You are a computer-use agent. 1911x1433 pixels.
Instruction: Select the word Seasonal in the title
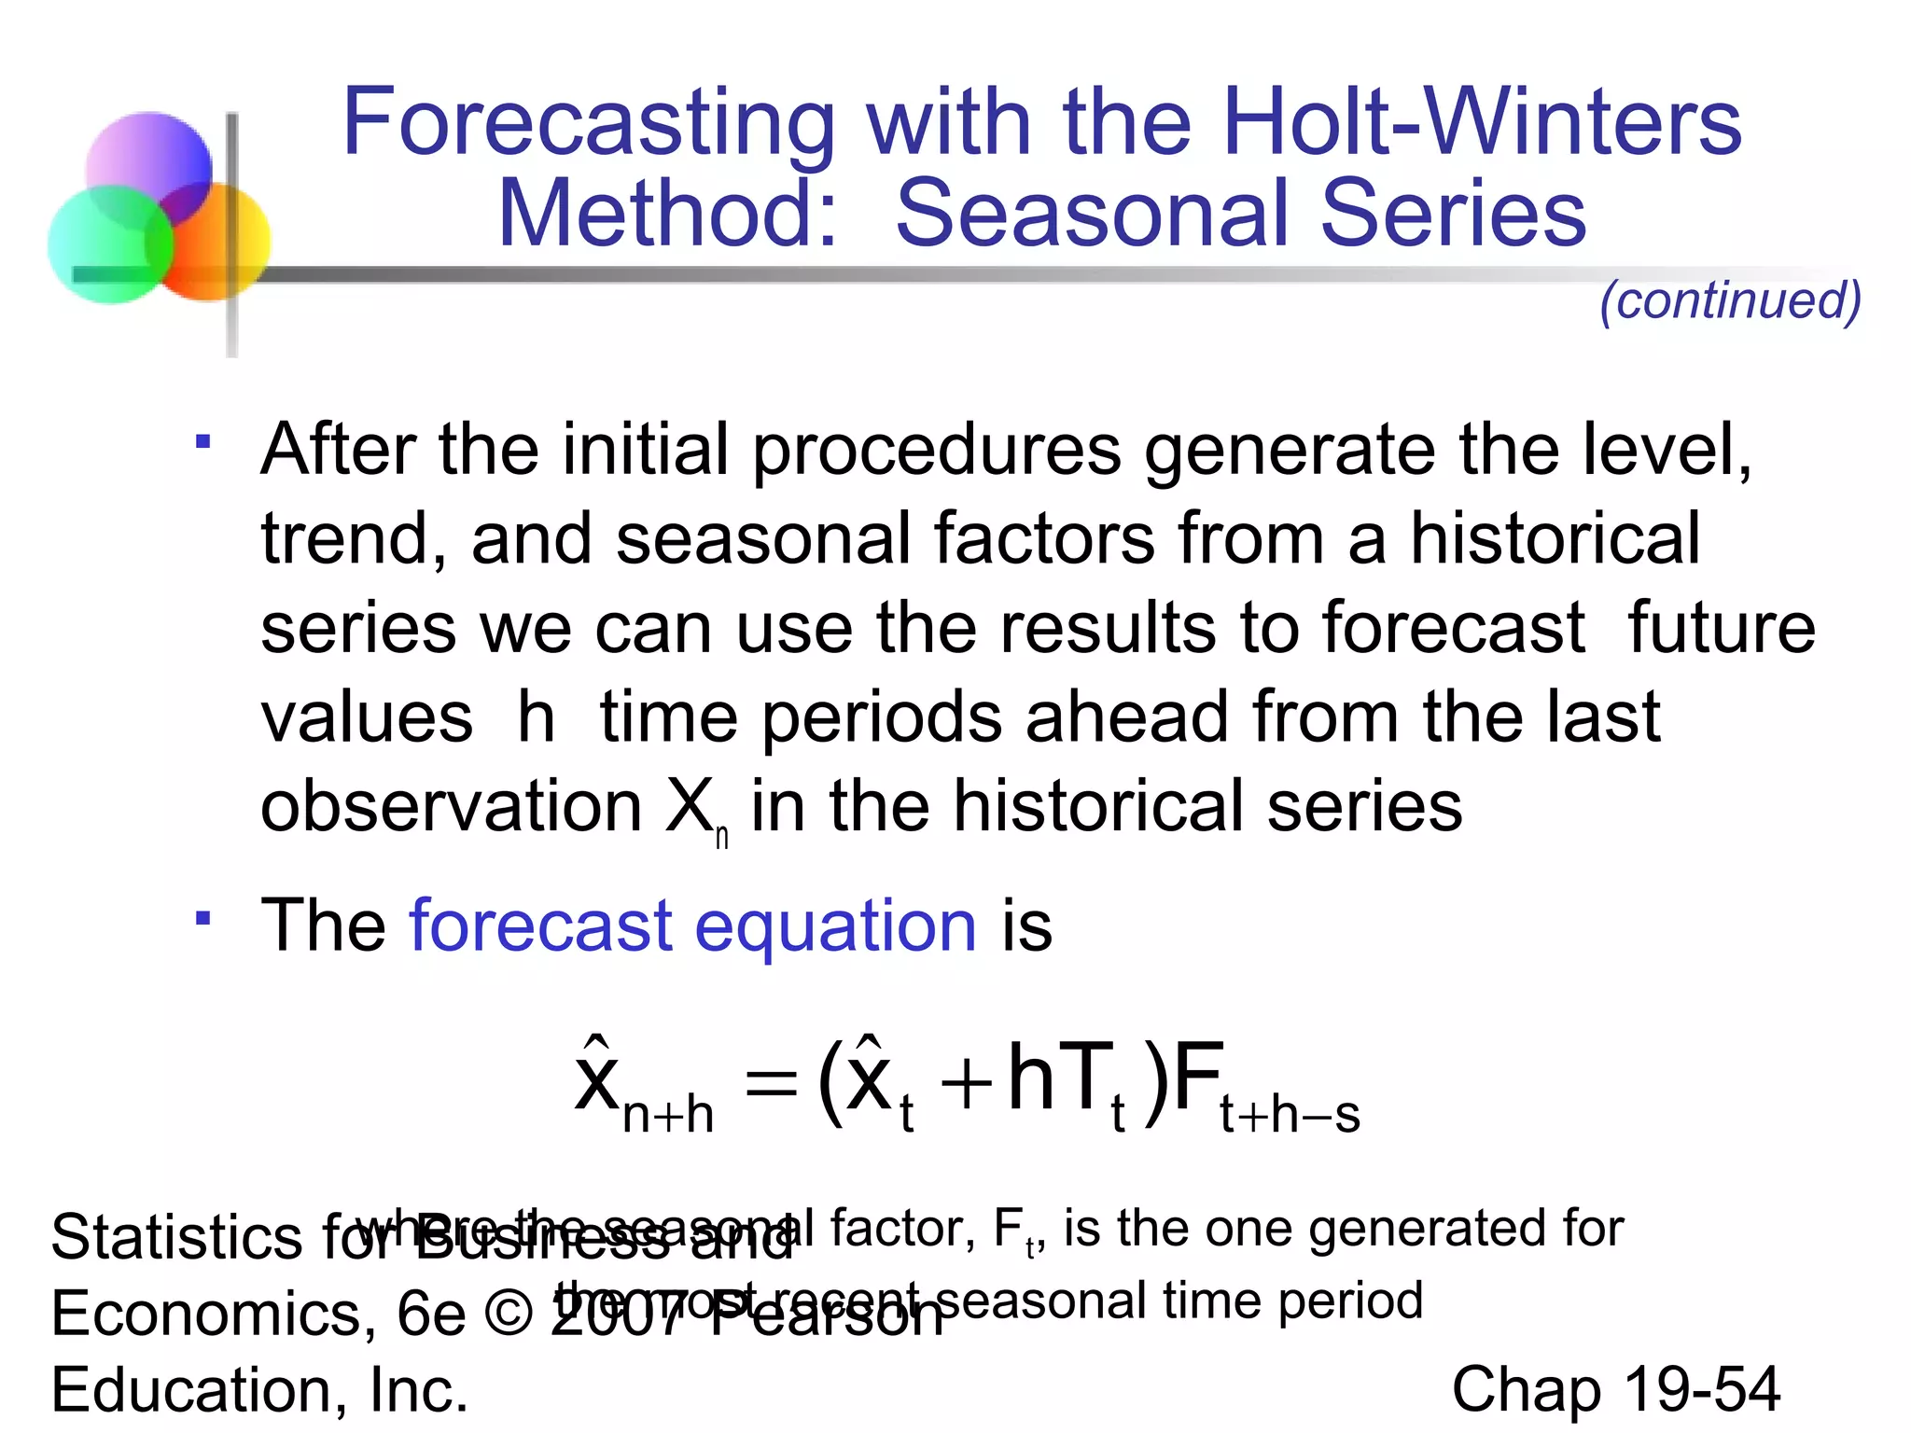tap(1095, 214)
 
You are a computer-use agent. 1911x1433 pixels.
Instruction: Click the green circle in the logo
tap(110, 244)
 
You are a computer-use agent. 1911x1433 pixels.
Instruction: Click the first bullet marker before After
tap(202, 440)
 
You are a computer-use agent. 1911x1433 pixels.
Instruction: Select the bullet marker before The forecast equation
tap(202, 917)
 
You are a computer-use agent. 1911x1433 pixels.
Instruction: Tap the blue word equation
tap(835, 926)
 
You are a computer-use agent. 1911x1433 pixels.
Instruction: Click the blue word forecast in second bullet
tap(541, 926)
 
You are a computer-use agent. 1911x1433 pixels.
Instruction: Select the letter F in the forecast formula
tap(1197, 1078)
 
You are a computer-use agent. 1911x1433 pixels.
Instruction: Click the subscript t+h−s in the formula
tap(1290, 1116)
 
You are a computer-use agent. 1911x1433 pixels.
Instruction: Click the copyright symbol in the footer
tap(509, 1315)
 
